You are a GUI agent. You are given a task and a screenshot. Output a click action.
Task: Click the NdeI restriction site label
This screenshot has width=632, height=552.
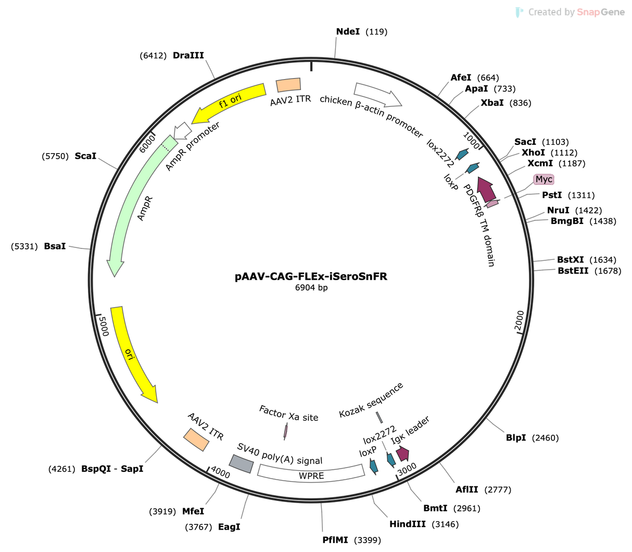pyautogui.click(x=348, y=32)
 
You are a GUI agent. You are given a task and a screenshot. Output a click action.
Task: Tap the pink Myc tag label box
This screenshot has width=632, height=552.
pyautogui.click(x=543, y=179)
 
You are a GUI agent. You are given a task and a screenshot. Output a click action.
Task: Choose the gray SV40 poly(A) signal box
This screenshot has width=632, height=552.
pyautogui.click(x=241, y=463)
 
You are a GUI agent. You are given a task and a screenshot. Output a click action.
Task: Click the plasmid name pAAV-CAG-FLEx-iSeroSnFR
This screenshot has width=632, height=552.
pyautogui.click(x=311, y=276)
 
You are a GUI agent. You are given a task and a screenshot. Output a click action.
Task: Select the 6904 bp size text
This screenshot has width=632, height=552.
pyautogui.click(x=311, y=287)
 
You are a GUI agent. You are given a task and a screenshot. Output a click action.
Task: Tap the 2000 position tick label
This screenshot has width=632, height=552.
pyautogui.click(x=519, y=320)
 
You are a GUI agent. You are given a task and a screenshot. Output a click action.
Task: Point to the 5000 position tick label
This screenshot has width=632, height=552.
pyautogui.click(x=104, y=326)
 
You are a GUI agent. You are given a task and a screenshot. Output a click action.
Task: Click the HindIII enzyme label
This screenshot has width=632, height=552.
pyautogui.click(x=408, y=524)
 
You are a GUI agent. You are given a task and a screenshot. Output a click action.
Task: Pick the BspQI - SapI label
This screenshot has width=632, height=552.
pyautogui.click(x=112, y=469)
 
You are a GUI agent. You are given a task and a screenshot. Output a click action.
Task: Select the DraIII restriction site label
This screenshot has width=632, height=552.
pyautogui.click(x=188, y=55)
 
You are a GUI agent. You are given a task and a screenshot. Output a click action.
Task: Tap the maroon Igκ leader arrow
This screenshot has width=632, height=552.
pyautogui.click(x=403, y=454)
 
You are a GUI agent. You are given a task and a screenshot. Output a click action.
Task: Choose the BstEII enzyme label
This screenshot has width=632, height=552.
pyautogui.click(x=573, y=271)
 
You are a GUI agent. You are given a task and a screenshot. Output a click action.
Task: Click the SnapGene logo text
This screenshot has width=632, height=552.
pyautogui.click(x=576, y=12)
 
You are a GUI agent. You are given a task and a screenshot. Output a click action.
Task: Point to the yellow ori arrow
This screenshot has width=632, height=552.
pyautogui.click(x=133, y=355)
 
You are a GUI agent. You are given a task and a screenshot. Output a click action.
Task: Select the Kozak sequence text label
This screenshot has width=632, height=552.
pyautogui.click(x=371, y=400)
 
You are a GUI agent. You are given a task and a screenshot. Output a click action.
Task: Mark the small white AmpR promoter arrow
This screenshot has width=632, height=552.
pyautogui.click(x=183, y=131)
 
